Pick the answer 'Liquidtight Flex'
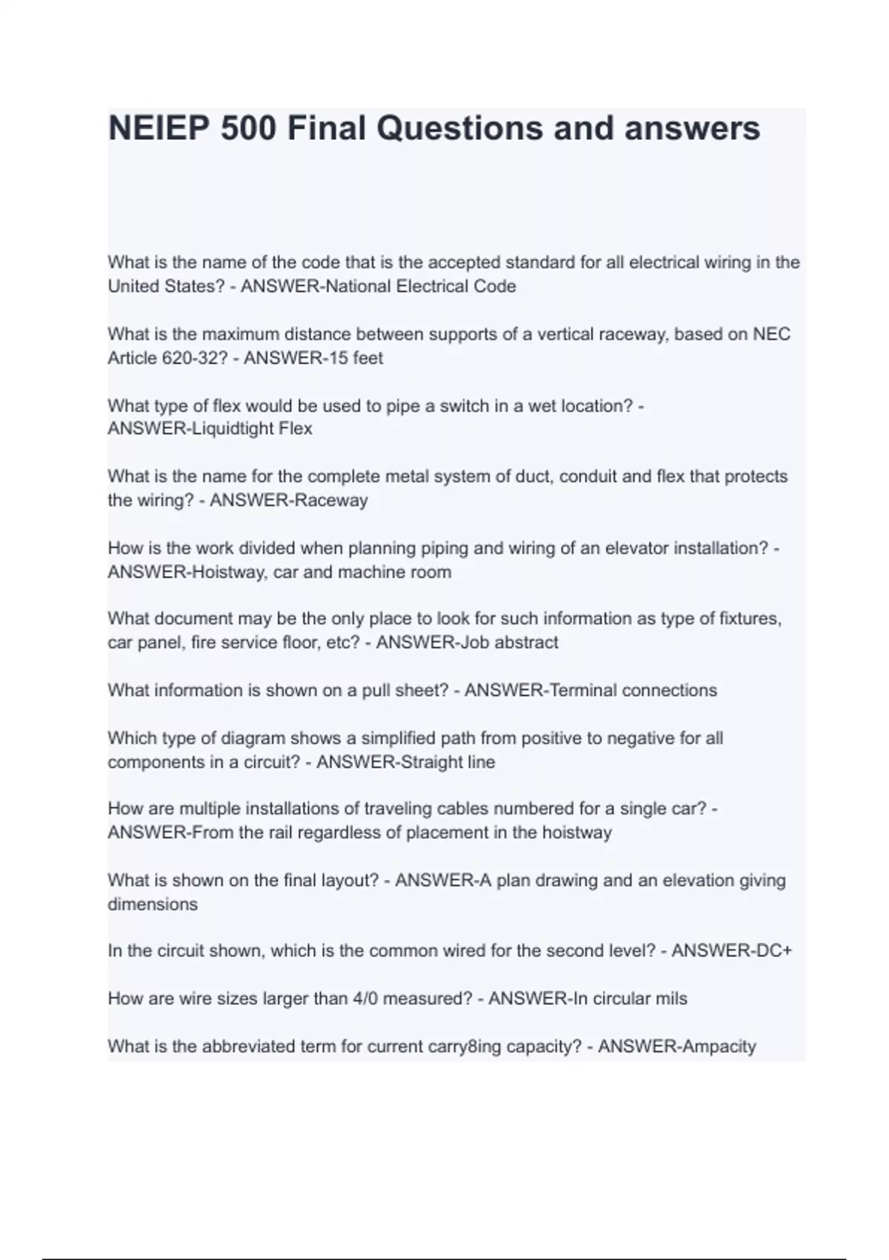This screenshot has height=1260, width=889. (x=252, y=429)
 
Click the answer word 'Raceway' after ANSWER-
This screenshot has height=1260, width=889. (x=331, y=500)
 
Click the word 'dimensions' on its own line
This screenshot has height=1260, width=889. (x=153, y=904)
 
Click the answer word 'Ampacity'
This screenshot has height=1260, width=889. (x=719, y=1047)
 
